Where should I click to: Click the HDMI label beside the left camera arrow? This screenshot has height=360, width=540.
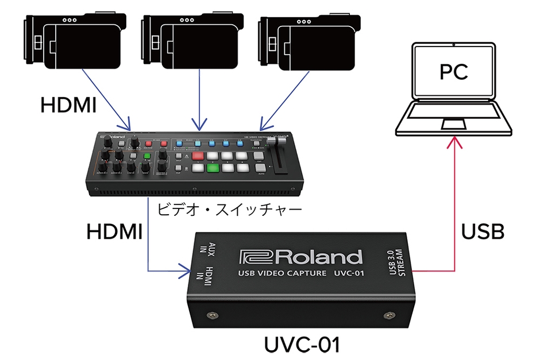(68, 105)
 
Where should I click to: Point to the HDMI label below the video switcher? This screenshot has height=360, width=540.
(114, 232)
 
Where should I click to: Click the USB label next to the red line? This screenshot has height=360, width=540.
(483, 232)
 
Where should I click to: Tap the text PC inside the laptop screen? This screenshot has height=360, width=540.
(454, 72)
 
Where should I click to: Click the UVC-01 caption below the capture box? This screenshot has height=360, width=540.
(302, 345)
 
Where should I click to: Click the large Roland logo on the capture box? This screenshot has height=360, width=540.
(302, 257)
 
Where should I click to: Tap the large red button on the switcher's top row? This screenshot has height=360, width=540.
(198, 156)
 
